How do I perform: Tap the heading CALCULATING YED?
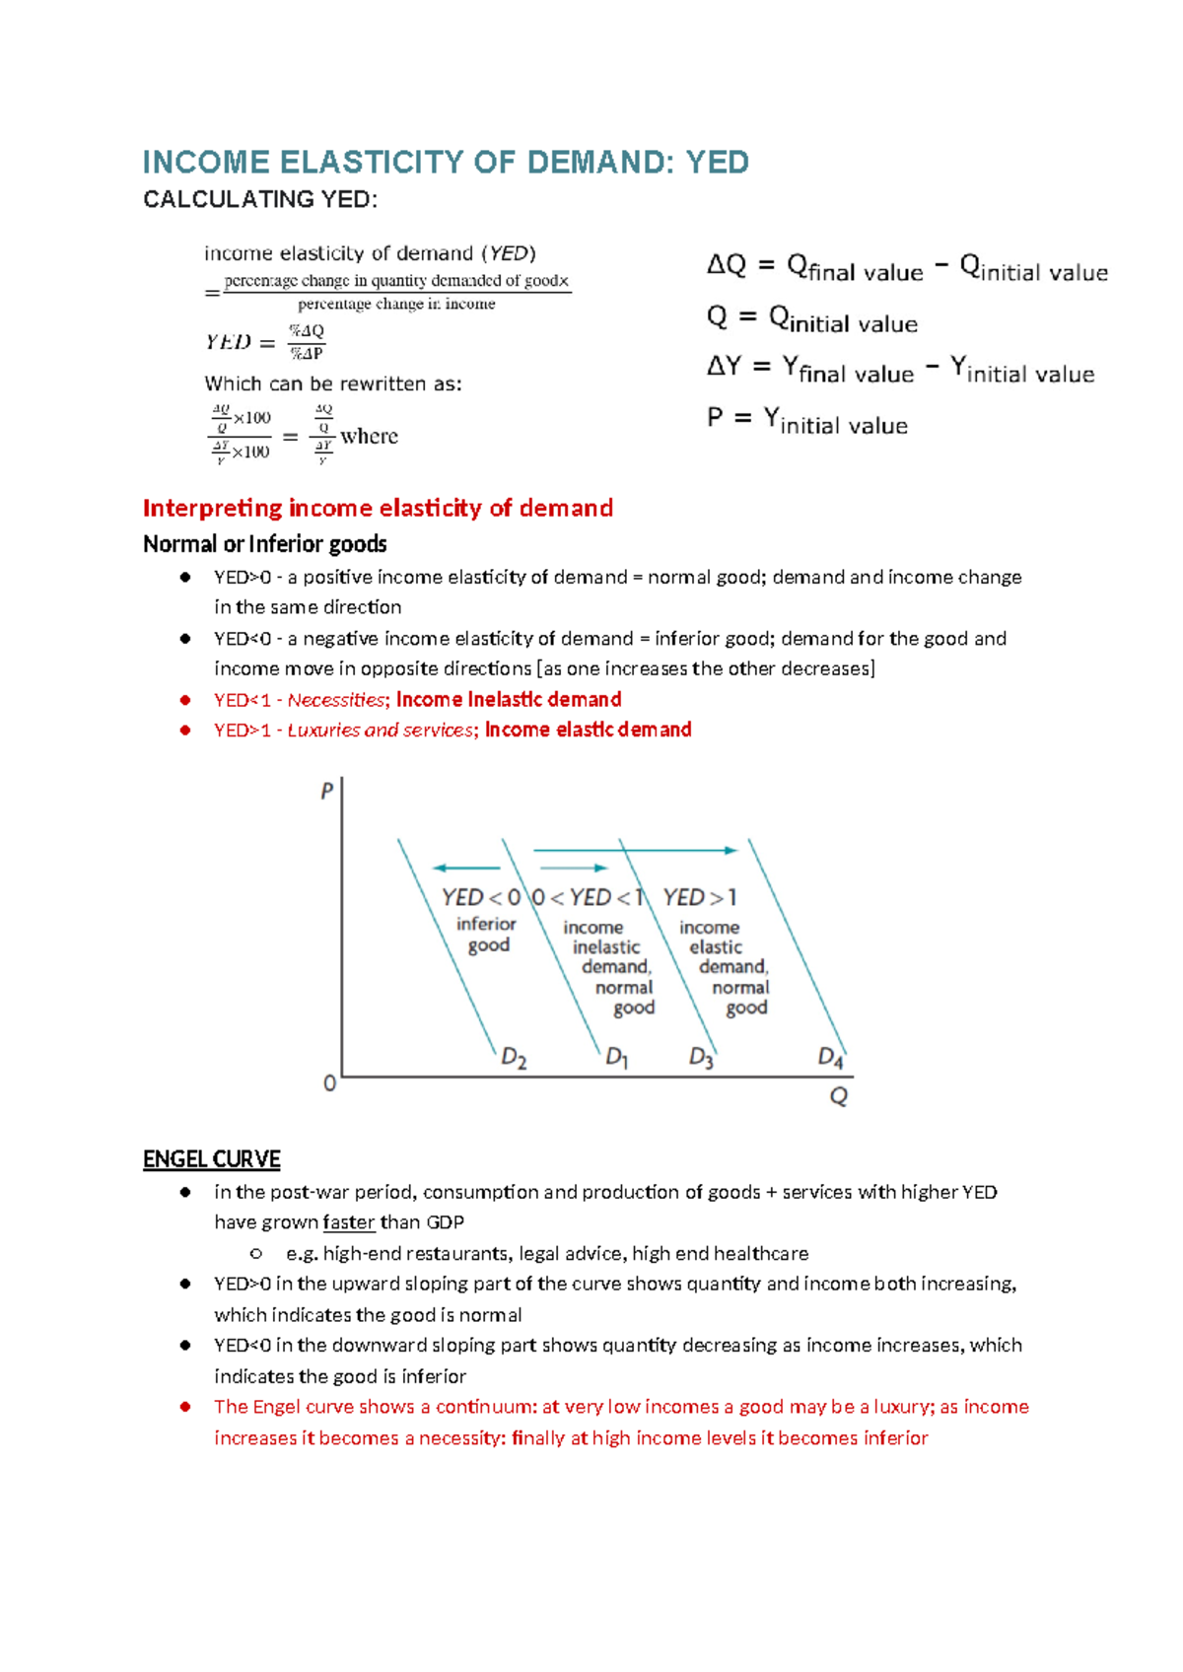pos(260,200)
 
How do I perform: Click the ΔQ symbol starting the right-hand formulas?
pos(727,265)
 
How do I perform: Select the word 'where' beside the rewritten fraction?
pos(369,437)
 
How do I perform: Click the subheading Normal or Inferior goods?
pos(264,544)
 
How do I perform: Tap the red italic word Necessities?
pos(336,700)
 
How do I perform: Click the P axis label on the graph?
pos(327,792)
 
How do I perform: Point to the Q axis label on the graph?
pos(839,1096)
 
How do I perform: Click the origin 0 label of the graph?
pos(330,1083)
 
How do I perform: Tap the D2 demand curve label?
pos(514,1059)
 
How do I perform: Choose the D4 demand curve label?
pos(831,1059)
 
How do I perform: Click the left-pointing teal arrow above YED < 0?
pos(466,869)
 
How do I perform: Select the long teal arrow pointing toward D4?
pos(635,850)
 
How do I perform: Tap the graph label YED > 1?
pos(699,898)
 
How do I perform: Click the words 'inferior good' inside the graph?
pos(487,935)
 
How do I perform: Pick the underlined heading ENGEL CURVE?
pos(212,1159)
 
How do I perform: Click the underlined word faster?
pos(349,1222)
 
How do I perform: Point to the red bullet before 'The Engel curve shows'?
pos(185,1407)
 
